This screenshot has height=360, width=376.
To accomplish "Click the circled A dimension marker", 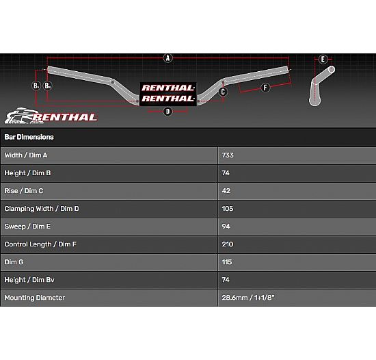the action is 168,58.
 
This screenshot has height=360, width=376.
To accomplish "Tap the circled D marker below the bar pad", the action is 168,112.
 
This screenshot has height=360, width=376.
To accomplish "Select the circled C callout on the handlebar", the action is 223,92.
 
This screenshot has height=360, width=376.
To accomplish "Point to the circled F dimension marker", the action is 265,88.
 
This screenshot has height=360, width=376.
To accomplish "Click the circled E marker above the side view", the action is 323,59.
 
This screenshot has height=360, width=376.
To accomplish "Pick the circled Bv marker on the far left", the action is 36,86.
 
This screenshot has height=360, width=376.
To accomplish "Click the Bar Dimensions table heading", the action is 29,137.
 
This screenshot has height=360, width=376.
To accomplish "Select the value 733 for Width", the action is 228,155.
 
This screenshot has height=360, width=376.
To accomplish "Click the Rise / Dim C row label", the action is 24,191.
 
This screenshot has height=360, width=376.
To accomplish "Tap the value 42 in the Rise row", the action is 226,191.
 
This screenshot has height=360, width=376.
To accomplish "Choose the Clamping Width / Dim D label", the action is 42,209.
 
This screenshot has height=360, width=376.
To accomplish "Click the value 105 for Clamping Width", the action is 228,209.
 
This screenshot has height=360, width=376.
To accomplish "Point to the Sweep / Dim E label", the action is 27,227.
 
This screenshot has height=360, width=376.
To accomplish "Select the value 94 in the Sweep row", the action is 226,227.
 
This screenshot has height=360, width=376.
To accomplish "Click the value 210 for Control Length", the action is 228,244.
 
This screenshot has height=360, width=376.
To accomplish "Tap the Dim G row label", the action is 14,262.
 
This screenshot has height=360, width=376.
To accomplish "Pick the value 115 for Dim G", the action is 227,262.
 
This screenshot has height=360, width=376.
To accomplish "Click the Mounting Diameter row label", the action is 35,298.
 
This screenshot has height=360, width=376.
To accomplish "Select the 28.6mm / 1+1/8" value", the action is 248,298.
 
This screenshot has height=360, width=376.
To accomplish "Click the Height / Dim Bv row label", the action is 29,280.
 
